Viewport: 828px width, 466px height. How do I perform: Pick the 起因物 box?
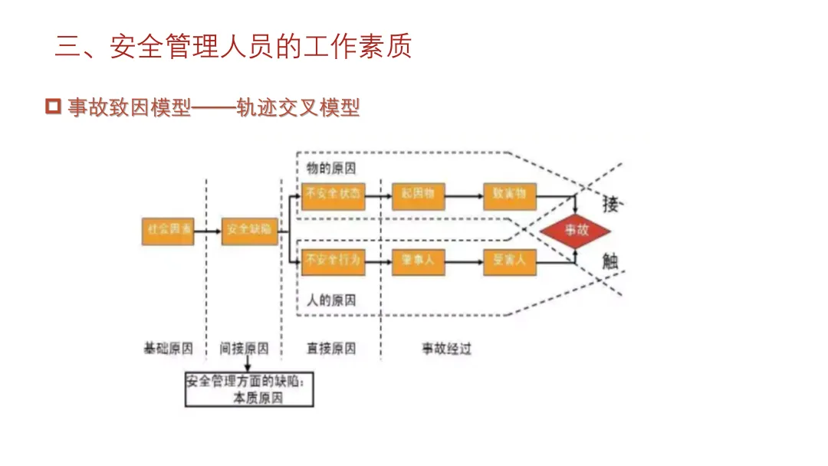pyautogui.click(x=418, y=195)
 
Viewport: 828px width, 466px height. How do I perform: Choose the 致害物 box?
pyautogui.click(x=509, y=195)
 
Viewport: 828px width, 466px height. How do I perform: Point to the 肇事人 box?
pyautogui.click(x=418, y=261)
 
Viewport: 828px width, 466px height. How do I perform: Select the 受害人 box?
pyautogui.click(x=509, y=261)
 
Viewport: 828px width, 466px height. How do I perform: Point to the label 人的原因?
pyautogui.click(x=331, y=300)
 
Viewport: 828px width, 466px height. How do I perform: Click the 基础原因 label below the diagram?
pyautogui.click(x=169, y=349)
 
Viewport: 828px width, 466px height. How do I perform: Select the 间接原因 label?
pyautogui.click(x=245, y=349)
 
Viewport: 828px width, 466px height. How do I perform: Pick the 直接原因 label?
pyautogui.click(x=331, y=349)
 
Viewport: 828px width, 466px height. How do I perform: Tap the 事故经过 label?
pyautogui.click(x=446, y=349)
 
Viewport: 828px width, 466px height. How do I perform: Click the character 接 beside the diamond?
pyautogui.click(x=611, y=205)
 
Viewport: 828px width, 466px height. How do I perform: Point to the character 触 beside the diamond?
pyautogui.click(x=611, y=261)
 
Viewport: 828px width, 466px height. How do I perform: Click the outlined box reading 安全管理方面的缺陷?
pyautogui.click(x=250, y=389)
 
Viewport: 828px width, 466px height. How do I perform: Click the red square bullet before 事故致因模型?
pyautogui.click(x=53, y=107)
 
